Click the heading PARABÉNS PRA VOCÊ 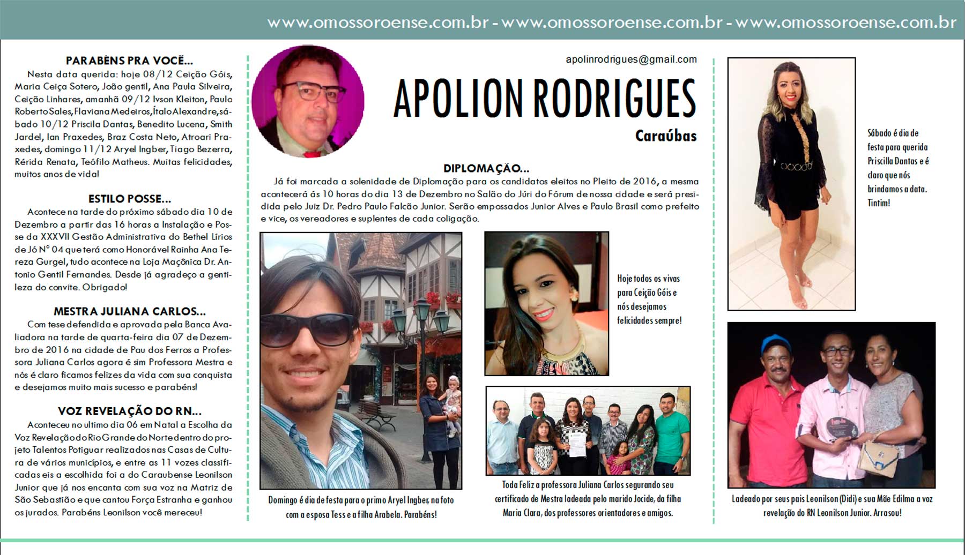tap(129, 61)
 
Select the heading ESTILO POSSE tap(129, 199)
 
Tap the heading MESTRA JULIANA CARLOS tap(129, 311)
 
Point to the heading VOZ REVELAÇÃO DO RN tap(129, 411)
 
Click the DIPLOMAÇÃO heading tap(486, 168)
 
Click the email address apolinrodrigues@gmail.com tap(631, 59)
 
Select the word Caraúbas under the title tap(665, 136)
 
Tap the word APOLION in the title tap(458, 99)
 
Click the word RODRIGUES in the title tap(614, 99)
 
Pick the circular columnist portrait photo tap(308, 102)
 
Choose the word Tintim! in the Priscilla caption tap(879, 203)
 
